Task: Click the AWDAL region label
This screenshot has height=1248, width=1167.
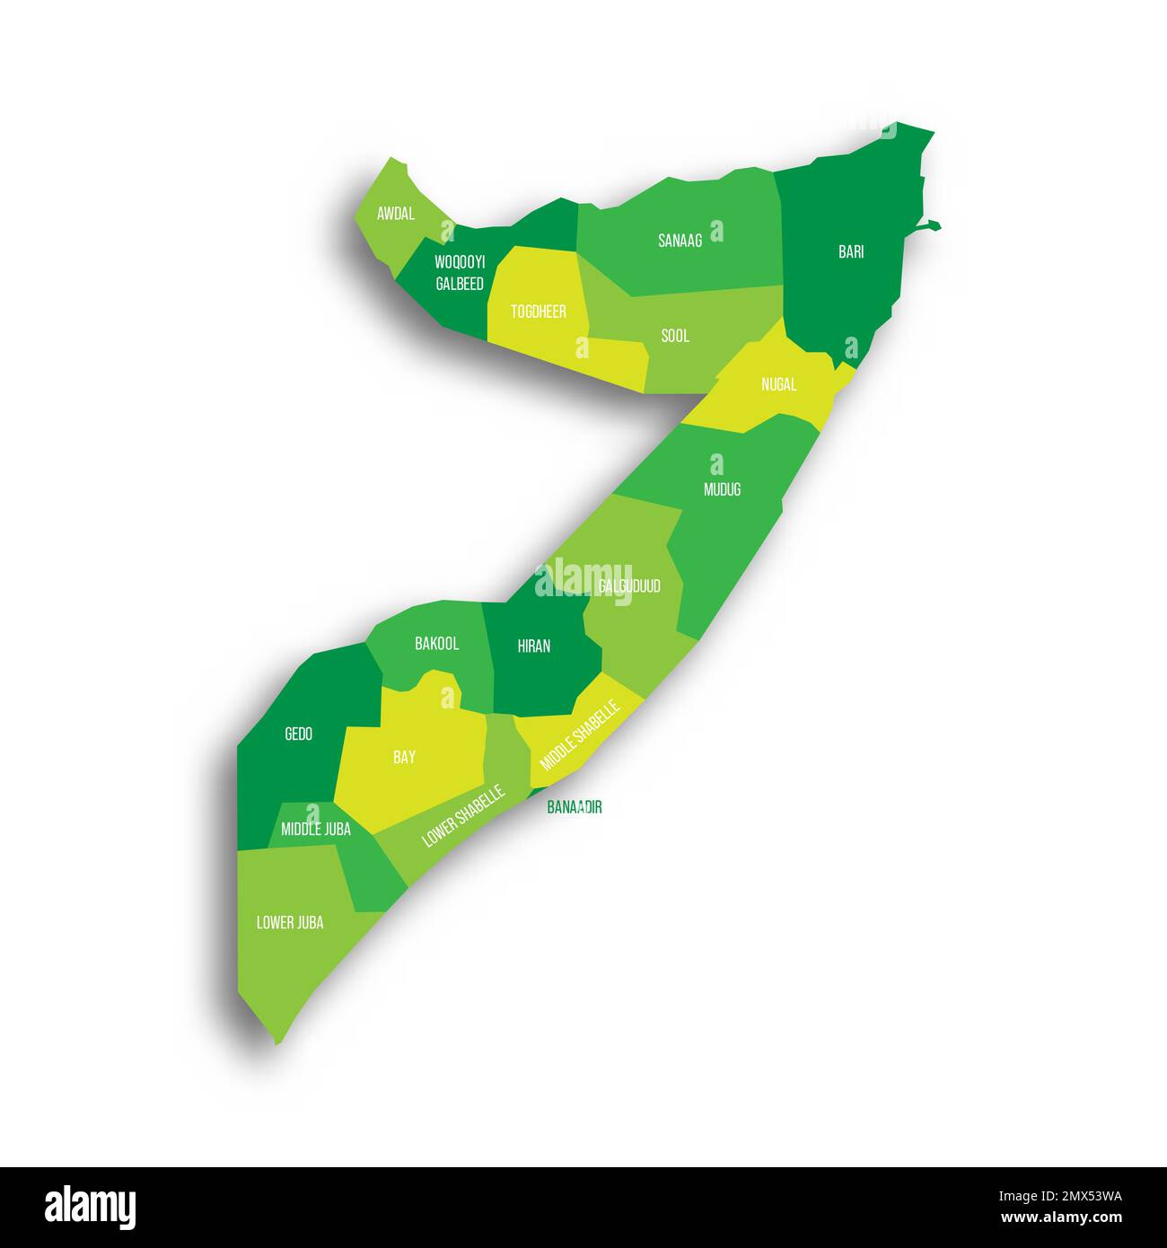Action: point(396,214)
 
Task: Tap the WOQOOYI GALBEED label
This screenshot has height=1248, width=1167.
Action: point(460,273)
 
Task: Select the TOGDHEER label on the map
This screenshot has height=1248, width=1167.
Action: point(539,312)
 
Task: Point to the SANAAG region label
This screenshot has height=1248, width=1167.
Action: point(680,241)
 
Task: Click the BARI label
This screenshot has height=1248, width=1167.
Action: point(851,252)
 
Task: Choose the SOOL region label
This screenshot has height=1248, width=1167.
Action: point(675,336)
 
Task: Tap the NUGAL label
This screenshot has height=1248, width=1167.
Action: point(778,384)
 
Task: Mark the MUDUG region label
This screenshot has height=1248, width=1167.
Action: point(723,489)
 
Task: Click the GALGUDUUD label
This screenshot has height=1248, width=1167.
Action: point(629,586)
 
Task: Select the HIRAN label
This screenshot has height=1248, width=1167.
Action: point(534,646)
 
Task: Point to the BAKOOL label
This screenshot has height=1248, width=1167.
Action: point(437,644)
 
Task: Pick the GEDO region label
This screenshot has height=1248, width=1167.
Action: point(298,734)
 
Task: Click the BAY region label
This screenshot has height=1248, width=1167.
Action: point(404,757)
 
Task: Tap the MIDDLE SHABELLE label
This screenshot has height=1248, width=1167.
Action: point(580,736)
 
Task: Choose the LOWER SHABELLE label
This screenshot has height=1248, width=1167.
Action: point(464,816)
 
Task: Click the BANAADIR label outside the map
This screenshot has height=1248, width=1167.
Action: point(575,807)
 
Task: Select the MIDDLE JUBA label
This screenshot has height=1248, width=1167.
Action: point(316,830)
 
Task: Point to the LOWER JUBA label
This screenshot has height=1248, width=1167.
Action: point(290,922)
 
